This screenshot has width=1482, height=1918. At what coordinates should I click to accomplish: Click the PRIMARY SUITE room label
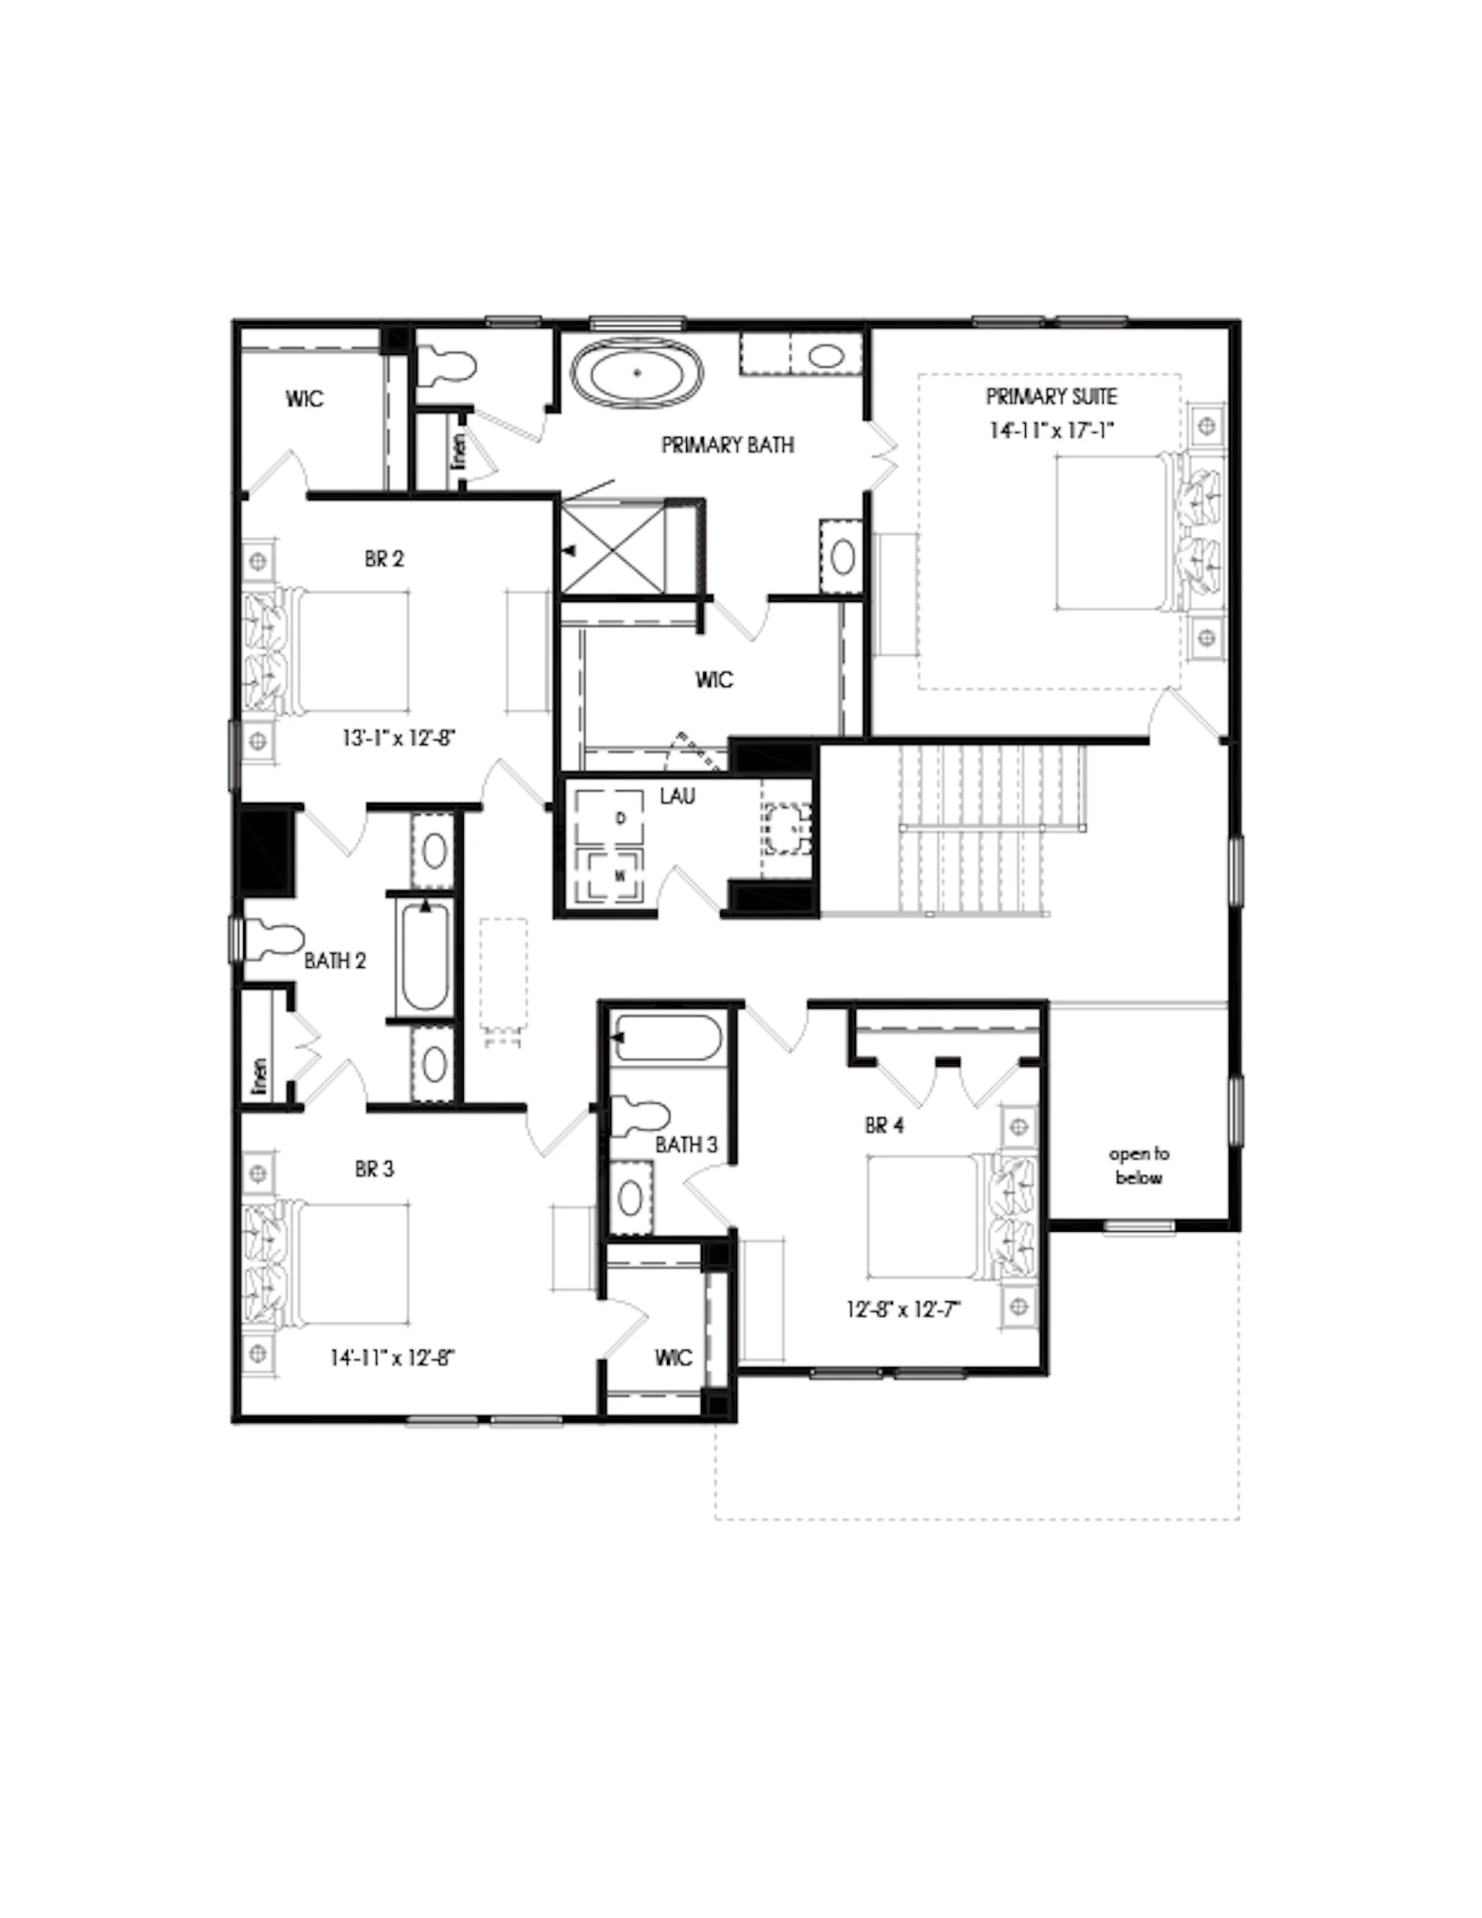tap(1051, 397)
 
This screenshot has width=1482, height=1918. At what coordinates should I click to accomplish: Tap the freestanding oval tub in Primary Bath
tap(638, 372)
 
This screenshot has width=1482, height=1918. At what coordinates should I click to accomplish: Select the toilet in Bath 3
tap(641, 1115)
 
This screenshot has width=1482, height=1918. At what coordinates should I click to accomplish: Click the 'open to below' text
tap(1139, 1165)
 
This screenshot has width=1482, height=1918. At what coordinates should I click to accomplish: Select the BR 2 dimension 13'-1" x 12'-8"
tap(399, 739)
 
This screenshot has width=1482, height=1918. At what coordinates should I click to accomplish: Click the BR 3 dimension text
tap(393, 1358)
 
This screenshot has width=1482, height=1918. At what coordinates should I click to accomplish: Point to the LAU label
tap(677, 797)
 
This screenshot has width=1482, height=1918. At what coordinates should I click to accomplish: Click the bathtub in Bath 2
tap(425, 957)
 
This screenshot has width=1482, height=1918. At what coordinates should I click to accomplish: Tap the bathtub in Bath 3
tap(668, 1038)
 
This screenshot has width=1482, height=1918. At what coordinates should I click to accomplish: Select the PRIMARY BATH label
tap(727, 445)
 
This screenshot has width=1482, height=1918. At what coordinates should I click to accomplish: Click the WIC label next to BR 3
tap(673, 1358)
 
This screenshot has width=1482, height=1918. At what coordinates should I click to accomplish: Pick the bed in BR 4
tap(952, 1216)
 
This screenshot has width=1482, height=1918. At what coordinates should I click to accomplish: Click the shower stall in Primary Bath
tap(612, 547)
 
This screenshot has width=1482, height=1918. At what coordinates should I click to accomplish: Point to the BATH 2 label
tap(335, 961)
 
